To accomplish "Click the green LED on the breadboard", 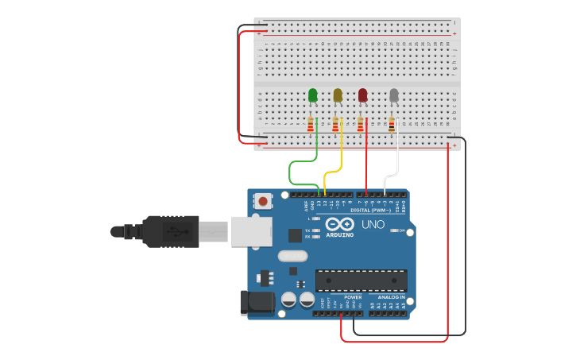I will coord(312,95).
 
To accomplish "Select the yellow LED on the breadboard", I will coord(338,95).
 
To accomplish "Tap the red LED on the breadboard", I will coord(363,95).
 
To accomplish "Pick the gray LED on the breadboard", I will coord(393,95).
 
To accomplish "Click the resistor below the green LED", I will coord(310,124).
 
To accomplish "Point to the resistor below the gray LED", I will coord(391,124).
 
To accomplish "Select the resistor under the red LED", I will coord(360,124).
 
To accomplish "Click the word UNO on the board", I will coord(373,224).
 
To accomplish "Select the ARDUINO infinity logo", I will coord(338,224).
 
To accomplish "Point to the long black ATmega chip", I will coord(361,281).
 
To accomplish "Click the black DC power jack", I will coord(256,302).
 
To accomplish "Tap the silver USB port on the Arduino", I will coord(252,231).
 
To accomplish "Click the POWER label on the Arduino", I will coord(353,297).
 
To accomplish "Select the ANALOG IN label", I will coord(386,297).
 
